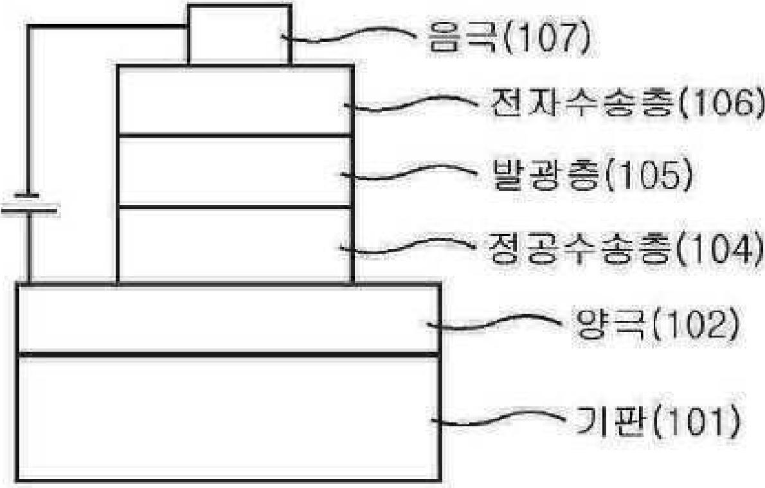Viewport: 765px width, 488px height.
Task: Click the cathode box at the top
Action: point(240,34)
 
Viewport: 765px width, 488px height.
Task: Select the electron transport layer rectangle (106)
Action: point(235,100)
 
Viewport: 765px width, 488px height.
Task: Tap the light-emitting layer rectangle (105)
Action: point(235,172)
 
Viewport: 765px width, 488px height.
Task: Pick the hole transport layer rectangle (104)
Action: point(235,246)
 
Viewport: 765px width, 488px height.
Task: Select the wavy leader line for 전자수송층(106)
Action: point(410,102)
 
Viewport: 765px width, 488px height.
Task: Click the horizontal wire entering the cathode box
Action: point(108,27)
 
